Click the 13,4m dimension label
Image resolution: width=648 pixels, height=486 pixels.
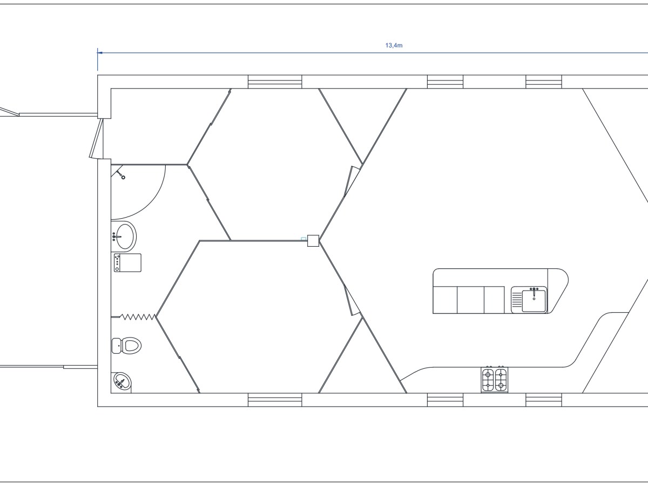394,46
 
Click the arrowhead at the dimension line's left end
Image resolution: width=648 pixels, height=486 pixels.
100,53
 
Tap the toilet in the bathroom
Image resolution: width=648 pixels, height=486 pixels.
127,345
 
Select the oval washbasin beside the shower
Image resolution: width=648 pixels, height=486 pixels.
124,236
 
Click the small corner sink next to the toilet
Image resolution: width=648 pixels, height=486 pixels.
122,382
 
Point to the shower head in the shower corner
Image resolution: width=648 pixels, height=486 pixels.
120,174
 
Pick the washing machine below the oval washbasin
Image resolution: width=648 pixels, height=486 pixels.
127,263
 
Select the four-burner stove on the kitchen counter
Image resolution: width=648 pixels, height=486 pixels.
495,379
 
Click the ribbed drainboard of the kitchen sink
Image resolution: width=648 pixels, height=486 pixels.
517,300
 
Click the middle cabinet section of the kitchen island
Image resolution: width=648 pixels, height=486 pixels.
470,300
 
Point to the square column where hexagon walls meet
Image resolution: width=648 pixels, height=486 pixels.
313,240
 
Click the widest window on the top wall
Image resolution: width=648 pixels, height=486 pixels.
275,82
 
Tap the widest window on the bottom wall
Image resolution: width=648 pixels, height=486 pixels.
275,400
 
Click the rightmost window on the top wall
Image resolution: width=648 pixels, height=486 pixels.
544,82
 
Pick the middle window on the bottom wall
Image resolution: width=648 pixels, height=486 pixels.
445,400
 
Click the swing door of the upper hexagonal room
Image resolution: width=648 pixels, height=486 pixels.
353,180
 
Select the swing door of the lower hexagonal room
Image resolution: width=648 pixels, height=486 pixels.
352,301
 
